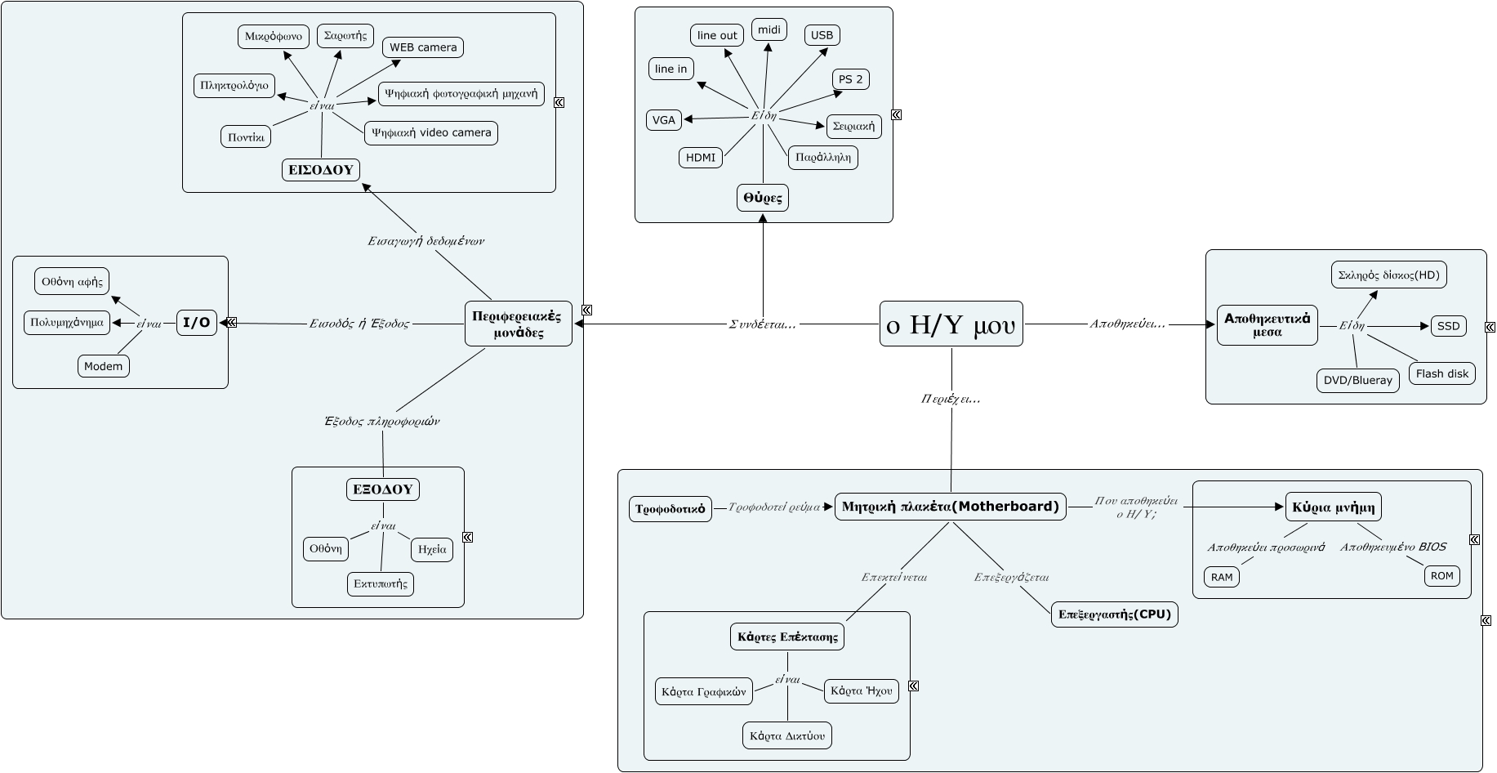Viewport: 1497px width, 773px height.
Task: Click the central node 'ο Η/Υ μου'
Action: pyautogui.click(x=951, y=324)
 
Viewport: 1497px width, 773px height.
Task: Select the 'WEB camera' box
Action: pyautogui.click(x=423, y=47)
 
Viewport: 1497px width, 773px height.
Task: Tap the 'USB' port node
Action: pyautogui.click(x=822, y=35)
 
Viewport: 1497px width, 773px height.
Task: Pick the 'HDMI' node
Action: pyautogui.click(x=701, y=158)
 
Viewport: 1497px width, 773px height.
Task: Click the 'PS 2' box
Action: pyautogui.click(x=851, y=79)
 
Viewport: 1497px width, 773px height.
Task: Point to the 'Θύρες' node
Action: pyautogui.click(x=763, y=198)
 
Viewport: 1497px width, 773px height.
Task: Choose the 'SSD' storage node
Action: pyautogui.click(x=1448, y=326)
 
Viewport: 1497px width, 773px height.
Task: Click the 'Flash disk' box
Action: pyautogui.click(x=1441, y=373)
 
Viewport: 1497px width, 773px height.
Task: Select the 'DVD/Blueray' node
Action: pyautogui.click(x=1357, y=380)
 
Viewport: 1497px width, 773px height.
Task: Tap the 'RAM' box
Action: pyautogui.click(x=1222, y=577)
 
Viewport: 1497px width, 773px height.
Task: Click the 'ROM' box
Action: pyautogui.click(x=1441, y=576)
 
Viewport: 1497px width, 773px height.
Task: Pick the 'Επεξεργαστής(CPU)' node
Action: pyautogui.click(x=1115, y=614)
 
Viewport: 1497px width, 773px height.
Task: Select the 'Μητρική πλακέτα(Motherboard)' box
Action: pyautogui.click(x=950, y=507)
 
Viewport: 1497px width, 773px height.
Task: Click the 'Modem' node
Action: pyautogui.click(x=104, y=366)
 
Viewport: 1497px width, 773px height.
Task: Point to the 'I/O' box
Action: pyautogui.click(x=196, y=323)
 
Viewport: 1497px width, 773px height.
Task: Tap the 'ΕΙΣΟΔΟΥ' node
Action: pyautogui.click(x=321, y=170)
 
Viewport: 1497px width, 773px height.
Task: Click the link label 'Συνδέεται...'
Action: pyautogui.click(x=762, y=324)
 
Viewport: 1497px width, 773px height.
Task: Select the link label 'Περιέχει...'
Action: pyautogui.click(x=951, y=399)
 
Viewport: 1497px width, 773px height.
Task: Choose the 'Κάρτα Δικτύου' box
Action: pyautogui.click(x=787, y=735)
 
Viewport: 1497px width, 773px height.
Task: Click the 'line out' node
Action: pyautogui.click(x=717, y=35)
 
